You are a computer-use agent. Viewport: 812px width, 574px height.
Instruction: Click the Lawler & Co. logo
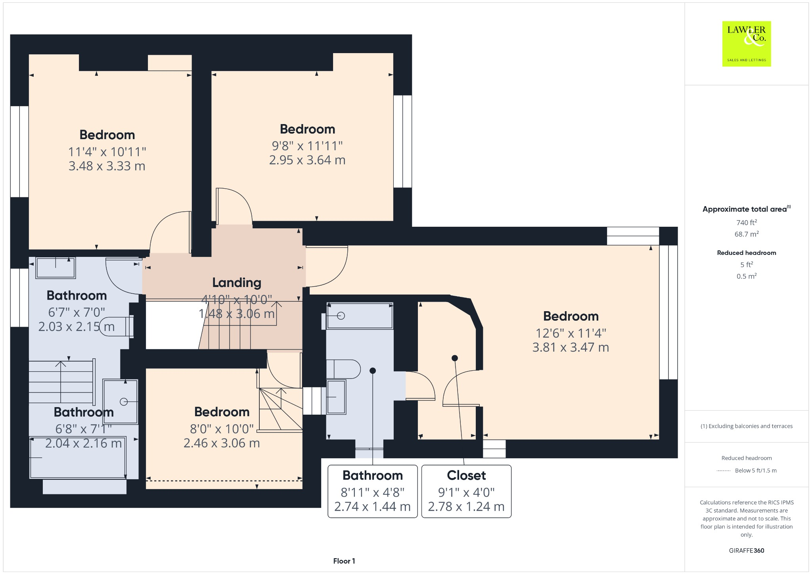click(x=746, y=44)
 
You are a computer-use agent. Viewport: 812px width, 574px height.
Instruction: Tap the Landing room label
click(x=237, y=283)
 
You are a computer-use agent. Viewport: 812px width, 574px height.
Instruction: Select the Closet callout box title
click(x=466, y=475)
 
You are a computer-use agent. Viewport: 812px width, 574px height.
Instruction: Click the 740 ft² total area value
click(x=746, y=222)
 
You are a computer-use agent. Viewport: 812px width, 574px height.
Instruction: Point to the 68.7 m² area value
click(x=746, y=234)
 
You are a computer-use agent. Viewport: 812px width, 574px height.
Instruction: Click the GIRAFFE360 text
click(x=746, y=550)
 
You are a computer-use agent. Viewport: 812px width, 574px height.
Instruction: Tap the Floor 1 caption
click(x=344, y=561)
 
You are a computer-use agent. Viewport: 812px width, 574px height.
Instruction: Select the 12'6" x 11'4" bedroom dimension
click(x=571, y=333)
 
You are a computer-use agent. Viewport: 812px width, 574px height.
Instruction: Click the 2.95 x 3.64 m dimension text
click(x=307, y=160)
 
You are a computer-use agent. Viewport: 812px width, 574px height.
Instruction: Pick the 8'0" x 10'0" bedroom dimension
click(x=222, y=429)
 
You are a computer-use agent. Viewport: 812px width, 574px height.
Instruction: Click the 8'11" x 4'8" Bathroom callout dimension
click(x=372, y=492)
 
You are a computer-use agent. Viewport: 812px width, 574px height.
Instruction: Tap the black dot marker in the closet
click(x=455, y=358)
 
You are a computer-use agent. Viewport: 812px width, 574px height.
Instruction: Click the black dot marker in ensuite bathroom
click(x=373, y=371)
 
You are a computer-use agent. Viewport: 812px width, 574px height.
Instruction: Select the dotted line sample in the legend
click(x=724, y=471)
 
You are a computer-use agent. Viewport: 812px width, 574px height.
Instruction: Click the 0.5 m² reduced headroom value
click(x=746, y=276)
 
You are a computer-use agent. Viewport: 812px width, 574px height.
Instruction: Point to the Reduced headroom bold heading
click(x=746, y=253)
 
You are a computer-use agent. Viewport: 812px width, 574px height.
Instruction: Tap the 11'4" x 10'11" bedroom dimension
click(x=107, y=152)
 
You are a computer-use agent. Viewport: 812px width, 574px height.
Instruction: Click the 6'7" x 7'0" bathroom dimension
click(x=77, y=312)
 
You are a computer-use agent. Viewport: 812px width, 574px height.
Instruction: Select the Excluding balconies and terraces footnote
click(x=746, y=426)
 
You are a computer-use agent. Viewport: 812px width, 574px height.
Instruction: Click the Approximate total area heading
click(x=745, y=209)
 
